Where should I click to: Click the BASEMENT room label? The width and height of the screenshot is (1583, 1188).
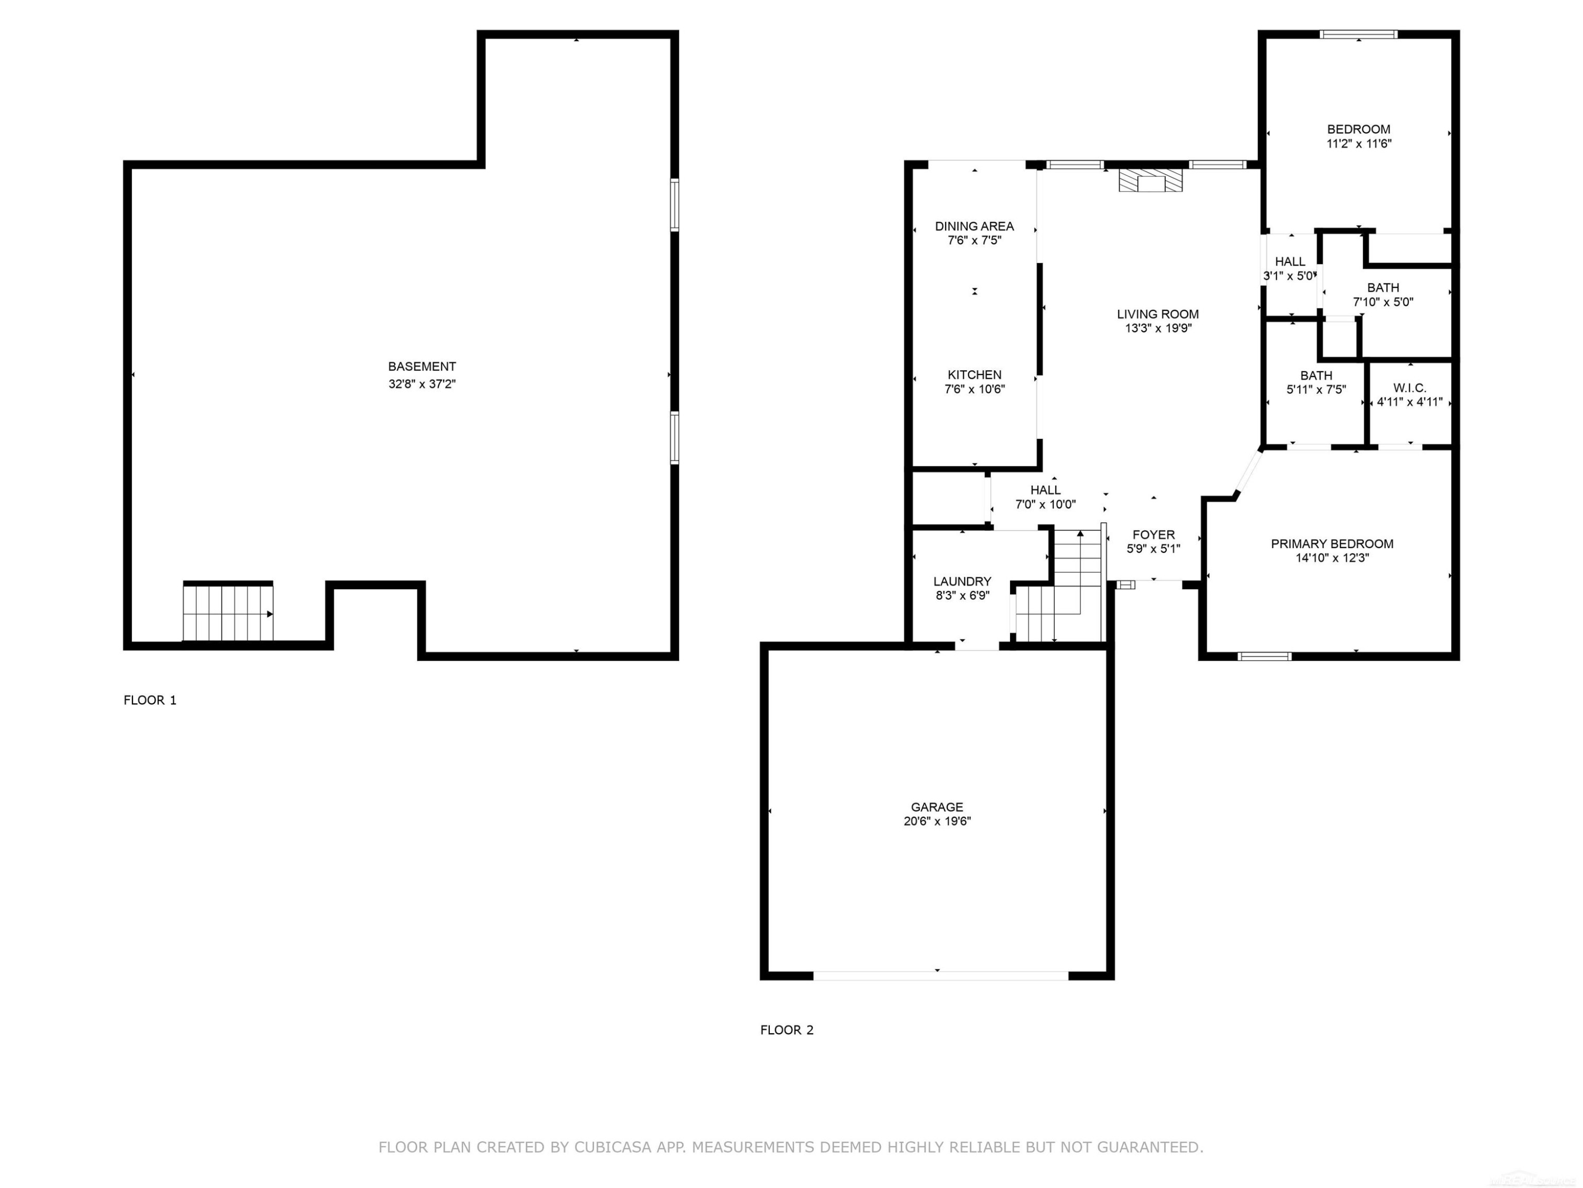click(422, 366)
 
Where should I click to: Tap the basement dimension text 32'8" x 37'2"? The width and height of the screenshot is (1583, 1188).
click(422, 384)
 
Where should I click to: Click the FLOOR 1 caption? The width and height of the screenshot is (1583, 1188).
click(150, 700)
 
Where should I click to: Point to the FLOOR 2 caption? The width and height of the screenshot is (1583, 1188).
click(787, 1030)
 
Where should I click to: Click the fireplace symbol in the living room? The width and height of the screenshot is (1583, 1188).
click(1151, 181)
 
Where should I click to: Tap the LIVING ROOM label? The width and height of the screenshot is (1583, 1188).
click(1158, 314)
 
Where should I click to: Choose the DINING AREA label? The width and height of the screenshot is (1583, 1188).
click(974, 227)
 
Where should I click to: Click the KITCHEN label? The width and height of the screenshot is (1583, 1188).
click(975, 374)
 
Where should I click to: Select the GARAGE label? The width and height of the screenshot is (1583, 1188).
click(937, 807)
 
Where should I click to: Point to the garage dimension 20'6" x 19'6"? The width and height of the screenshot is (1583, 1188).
click(937, 822)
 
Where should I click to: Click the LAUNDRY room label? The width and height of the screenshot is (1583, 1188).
click(962, 581)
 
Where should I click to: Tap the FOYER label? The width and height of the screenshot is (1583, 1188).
click(1153, 535)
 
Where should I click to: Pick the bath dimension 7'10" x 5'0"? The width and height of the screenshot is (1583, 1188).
click(1382, 302)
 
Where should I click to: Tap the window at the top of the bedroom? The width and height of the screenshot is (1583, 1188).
click(1358, 34)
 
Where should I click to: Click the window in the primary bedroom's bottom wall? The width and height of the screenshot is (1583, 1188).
click(1264, 656)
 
